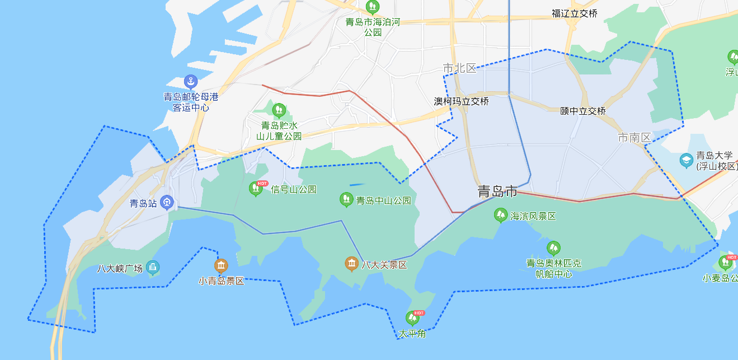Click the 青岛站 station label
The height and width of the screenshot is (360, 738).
point(143,203)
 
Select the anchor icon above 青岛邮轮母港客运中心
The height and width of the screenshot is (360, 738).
point(191,82)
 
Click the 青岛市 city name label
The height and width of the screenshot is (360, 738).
point(497,192)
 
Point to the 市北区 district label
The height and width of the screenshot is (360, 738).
point(459,68)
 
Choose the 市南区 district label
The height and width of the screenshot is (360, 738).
point(634,137)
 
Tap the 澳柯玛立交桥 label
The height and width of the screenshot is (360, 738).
point(462,101)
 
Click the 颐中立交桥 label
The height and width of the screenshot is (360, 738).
point(583,111)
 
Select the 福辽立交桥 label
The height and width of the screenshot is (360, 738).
point(574,13)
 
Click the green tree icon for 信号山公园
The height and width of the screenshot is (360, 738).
point(256,189)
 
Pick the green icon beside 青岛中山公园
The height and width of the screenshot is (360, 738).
point(346,199)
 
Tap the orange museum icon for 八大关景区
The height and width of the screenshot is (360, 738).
point(351,264)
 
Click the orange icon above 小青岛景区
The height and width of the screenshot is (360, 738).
point(221,265)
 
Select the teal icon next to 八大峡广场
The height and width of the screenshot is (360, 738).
point(153,268)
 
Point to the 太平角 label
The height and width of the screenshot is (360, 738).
point(412,334)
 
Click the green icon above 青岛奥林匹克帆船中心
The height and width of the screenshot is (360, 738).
point(553,248)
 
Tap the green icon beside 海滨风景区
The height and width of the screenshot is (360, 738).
point(501,215)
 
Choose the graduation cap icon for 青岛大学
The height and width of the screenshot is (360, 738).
point(686,161)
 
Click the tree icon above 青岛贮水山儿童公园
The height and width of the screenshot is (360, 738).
point(279,110)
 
